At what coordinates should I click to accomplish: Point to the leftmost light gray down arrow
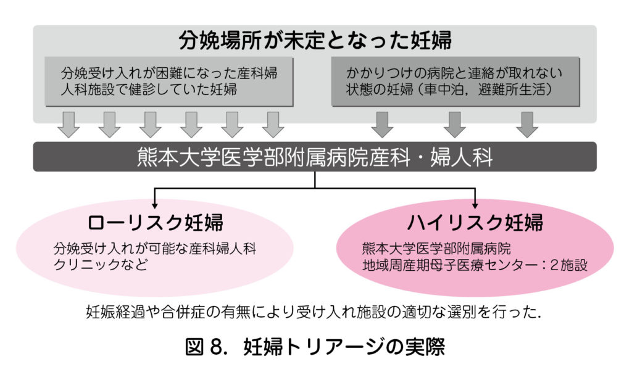68,125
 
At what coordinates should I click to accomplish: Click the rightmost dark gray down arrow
527,125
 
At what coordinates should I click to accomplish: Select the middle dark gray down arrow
455,125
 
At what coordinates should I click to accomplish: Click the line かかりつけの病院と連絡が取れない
455,73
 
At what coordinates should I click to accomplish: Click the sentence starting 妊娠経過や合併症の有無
315,313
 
